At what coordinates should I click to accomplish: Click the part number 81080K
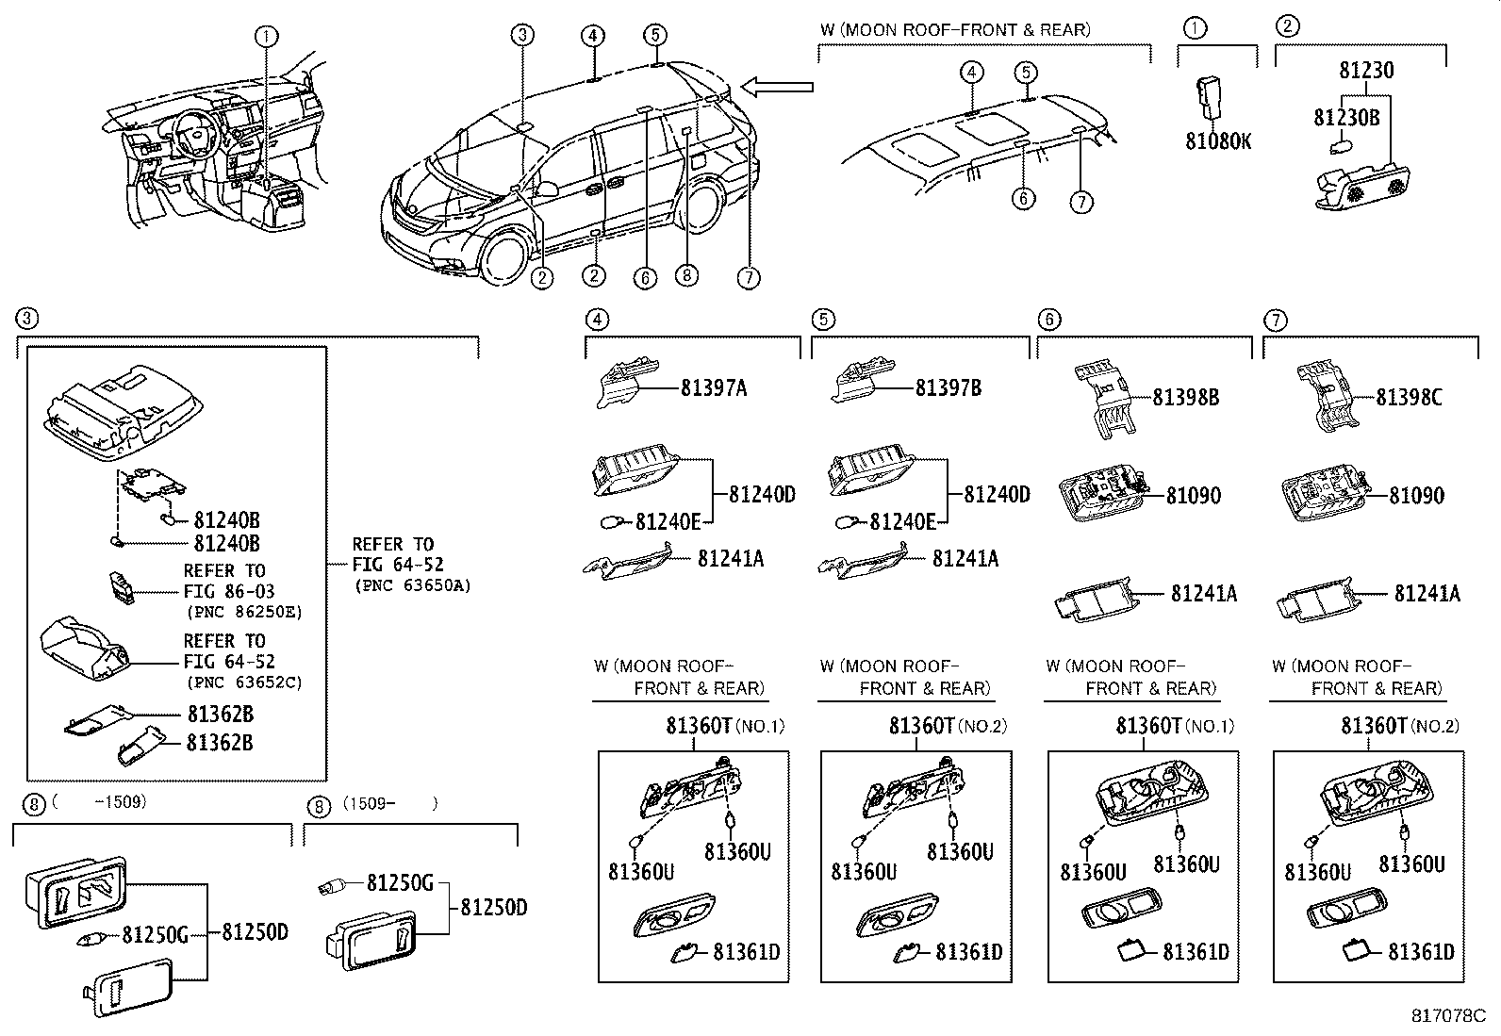[x=1218, y=141]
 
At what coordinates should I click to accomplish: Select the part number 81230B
[x=1346, y=117]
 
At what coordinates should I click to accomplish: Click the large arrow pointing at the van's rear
[x=778, y=88]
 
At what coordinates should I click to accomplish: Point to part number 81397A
[x=713, y=387]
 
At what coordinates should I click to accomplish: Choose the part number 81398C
[x=1409, y=398]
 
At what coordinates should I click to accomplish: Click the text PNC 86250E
[x=243, y=611]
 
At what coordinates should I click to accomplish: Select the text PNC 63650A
[x=412, y=585]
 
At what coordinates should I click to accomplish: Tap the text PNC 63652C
[x=243, y=682]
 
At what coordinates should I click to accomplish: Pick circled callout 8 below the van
[x=686, y=275]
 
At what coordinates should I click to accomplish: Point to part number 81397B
[x=948, y=387]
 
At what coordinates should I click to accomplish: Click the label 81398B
[x=1185, y=398]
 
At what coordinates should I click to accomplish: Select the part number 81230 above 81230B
[x=1366, y=71]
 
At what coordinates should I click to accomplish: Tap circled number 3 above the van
[x=523, y=37]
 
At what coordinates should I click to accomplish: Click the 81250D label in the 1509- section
[x=493, y=908]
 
